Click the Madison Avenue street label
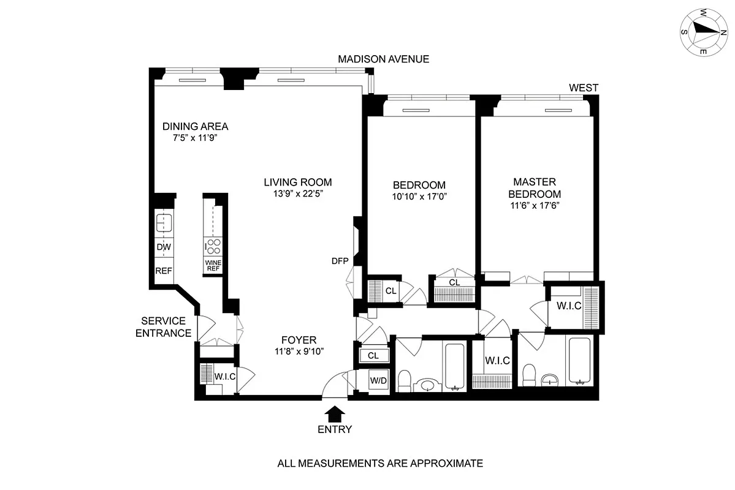click(383, 59)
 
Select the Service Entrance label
click(163, 327)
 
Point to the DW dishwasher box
click(164, 247)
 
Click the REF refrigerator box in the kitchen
click(164, 271)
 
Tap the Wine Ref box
click(213, 265)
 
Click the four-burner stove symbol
click(213, 246)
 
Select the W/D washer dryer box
click(378, 380)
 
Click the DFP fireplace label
click(340, 261)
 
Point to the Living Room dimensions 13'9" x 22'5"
click(298, 194)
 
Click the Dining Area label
click(195, 127)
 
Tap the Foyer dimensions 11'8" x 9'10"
click(299, 351)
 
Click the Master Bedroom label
click(534, 188)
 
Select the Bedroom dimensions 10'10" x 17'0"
click(419, 197)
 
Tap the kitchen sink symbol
click(164, 221)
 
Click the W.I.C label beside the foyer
click(225, 376)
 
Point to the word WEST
click(583, 88)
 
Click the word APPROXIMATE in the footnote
click(443, 463)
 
